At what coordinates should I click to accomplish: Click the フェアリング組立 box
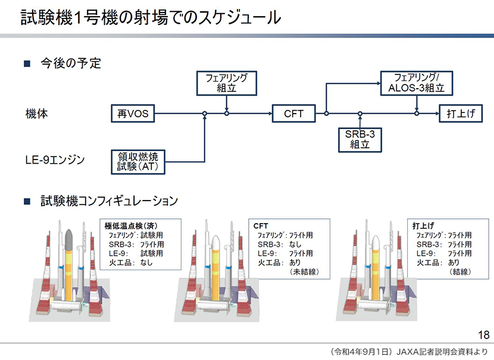coord(226,83)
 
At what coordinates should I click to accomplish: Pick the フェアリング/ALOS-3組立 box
coord(416,83)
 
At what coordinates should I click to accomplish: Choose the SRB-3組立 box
coord(360,139)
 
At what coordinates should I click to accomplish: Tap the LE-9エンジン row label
coord(55,159)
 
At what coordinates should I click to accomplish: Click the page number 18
coord(482,333)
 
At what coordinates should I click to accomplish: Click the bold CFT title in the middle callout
coord(261,226)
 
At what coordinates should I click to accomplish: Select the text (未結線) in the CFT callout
coord(303,271)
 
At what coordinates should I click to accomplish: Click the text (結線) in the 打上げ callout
coord(461,271)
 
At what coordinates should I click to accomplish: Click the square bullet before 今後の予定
coord(27,63)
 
